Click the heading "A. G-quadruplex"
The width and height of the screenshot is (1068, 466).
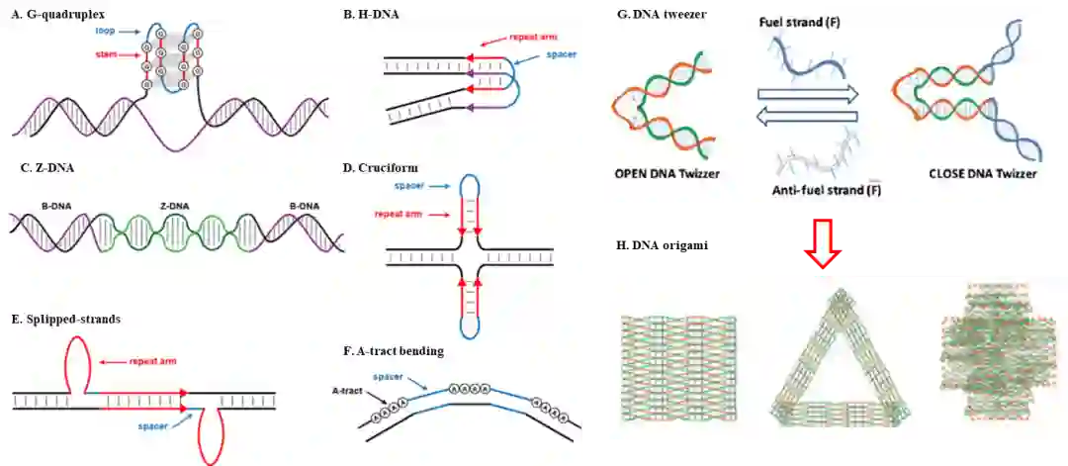coord(56,12)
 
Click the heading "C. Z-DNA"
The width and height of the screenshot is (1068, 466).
coord(46,167)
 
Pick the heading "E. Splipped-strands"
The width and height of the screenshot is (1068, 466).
coord(66,319)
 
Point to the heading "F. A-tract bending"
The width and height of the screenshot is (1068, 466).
coord(394,350)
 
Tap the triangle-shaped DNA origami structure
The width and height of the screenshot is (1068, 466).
coord(840,361)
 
